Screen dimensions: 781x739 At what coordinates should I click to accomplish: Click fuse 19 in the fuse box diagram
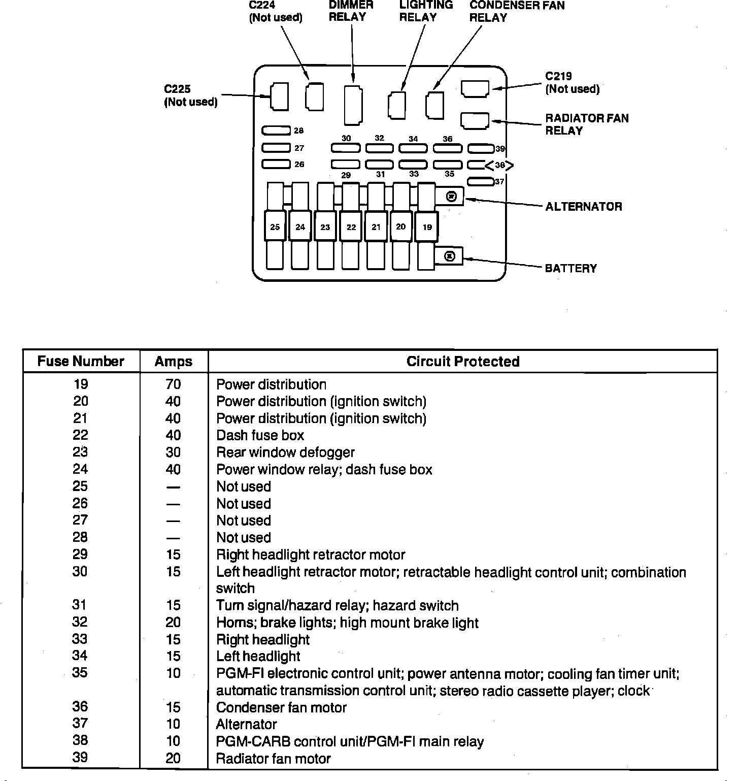tap(427, 226)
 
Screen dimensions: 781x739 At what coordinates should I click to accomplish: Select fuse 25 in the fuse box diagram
tap(275, 226)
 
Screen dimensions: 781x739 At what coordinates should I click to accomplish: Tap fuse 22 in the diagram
tap(351, 226)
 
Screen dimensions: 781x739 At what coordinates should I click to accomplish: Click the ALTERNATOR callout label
tap(584, 207)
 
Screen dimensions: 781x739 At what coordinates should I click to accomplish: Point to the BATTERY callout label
tap(570, 268)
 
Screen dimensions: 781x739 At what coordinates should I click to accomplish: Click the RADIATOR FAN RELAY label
tap(587, 124)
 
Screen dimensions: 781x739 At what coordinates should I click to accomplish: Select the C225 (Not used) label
tap(190, 95)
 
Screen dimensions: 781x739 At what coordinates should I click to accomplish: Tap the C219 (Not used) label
tap(572, 83)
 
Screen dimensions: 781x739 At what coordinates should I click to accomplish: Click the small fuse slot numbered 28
tap(276, 131)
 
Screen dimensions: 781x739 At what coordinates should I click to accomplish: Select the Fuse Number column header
tap(81, 361)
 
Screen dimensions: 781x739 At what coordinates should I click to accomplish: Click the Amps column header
tap(174, 361)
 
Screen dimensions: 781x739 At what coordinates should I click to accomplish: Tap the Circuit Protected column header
tap(463, 361)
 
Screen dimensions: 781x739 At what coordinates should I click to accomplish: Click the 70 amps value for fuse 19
tap(174, 384)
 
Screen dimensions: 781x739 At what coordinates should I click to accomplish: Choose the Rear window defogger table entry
tap(285, 452)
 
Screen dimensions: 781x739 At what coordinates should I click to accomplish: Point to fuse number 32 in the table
tap(80, 622)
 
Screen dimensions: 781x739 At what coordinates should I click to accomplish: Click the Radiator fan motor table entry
tap(274, 759)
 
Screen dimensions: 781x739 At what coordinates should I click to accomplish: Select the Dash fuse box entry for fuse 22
tap(260, 435)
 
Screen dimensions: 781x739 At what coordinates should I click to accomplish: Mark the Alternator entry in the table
tap(247, 724)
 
